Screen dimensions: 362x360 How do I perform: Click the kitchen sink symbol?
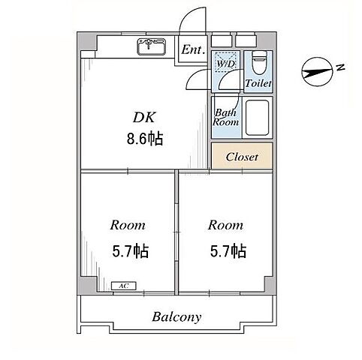click(x=151, y=46)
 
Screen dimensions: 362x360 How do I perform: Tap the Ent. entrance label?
click(x=193, y=49)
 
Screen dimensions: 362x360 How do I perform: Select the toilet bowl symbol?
click(x=259, y=62)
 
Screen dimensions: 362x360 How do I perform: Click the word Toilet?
click(x=258, y=83)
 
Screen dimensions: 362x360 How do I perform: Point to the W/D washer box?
click(x=225, y=62)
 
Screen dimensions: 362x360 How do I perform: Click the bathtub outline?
click(x=257, y=118)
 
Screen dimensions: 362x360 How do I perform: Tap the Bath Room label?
click(x=225, y=117)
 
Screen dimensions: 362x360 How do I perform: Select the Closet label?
click(x=242, y=157)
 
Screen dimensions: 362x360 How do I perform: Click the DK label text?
click(x=144, y=117)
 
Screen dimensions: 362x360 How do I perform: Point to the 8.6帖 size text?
click(x=145, y=139)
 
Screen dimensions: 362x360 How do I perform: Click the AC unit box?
click(x=124, y=286)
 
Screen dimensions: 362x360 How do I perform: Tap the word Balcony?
click(x=176, y=317)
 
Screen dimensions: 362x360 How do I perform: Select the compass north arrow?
click(x=317, y=72)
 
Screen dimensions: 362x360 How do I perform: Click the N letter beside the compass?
click(x=340, y=67)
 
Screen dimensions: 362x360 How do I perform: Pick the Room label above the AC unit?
click(x=128, y=225)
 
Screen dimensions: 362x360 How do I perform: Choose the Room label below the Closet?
click(x=225, y=225)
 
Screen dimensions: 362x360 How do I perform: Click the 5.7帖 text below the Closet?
click(x=228, y=250)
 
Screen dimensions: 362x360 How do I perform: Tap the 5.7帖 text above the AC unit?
click(x=130, y=250)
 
